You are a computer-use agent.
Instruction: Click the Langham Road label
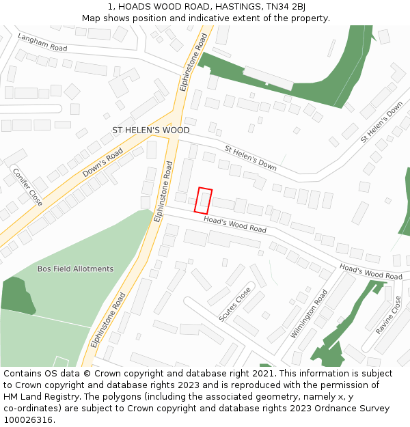(42, 43)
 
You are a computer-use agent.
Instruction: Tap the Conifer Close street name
(28, 187)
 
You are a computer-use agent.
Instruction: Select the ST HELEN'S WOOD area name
(151, 130)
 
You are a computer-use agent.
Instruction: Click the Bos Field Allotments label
(75, 268)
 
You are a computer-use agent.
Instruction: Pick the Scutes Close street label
(234, 304)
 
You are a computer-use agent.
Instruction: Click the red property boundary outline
(204, 201)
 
